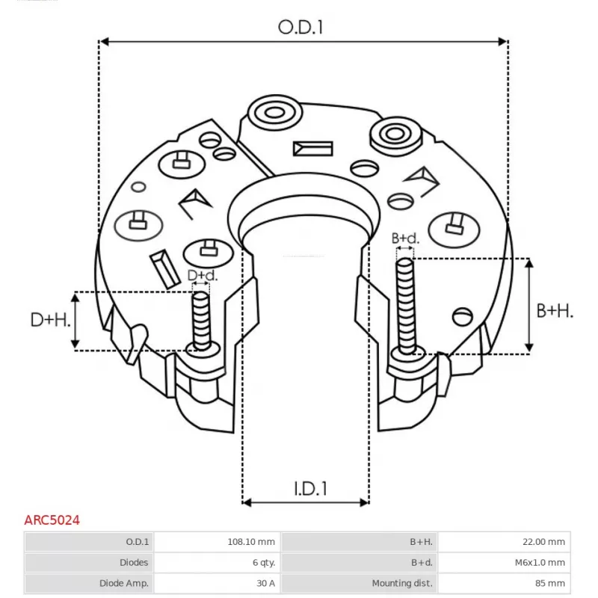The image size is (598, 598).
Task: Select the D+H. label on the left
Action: [x=51, y=321]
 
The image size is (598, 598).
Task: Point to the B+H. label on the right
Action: [x=555, y=311]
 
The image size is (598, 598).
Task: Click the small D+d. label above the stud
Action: [x=202, y=276]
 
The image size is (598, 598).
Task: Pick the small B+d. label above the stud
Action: [x=406, y=238]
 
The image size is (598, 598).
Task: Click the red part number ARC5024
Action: [x=52, y=519]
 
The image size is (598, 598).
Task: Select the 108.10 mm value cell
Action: [x=255, y=542]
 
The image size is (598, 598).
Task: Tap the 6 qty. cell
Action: [x=263, y=562]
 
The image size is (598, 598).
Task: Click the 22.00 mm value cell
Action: [x=544, y=542]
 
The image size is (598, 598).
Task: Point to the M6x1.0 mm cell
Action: [x=539, y=562]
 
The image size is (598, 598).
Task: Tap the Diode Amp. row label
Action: [x=123, y=582]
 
